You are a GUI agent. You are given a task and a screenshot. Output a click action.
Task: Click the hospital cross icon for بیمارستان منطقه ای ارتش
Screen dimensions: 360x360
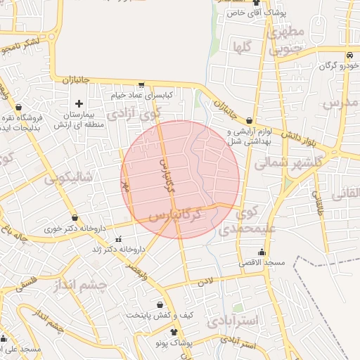pos(79,104)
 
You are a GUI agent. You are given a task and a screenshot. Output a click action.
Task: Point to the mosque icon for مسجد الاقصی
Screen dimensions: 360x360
pos(262,252)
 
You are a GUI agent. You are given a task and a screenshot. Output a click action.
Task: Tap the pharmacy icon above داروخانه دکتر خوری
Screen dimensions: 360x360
pos(75,218)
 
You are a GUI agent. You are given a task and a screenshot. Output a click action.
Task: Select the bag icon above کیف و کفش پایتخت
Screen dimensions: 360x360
pos(161,305)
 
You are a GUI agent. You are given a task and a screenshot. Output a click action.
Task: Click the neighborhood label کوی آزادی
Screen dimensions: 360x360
pos(134,112)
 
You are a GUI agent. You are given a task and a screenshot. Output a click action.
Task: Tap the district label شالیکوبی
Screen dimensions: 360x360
pos(69,177)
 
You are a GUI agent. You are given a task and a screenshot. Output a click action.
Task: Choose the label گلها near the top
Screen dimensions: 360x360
pos(251,46)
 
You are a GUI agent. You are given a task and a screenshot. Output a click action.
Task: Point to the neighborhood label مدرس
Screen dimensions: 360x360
pos(341,103)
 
